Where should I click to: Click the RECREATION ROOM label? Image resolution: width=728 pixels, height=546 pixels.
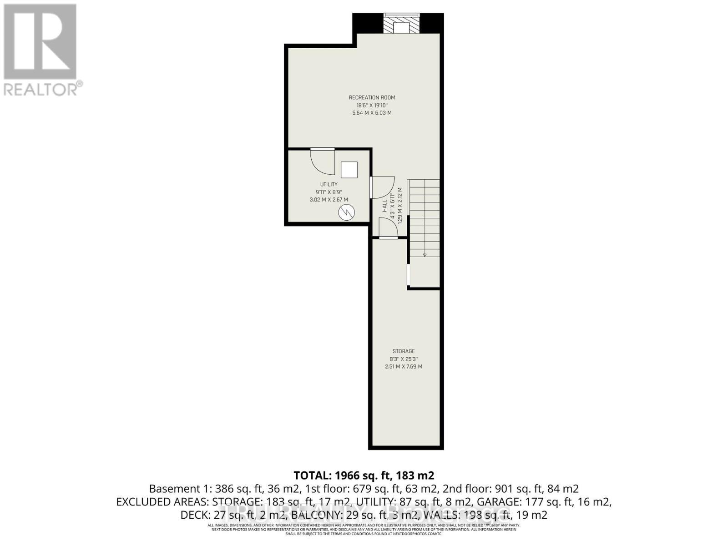tap(372, 97)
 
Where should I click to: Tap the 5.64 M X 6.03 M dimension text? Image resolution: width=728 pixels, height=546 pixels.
tap(372, 113)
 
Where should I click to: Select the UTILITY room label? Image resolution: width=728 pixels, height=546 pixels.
tap(329, 184)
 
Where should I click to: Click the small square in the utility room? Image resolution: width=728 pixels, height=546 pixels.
tap(349, 170)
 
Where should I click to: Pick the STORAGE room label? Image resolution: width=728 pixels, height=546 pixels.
tap(404, 351)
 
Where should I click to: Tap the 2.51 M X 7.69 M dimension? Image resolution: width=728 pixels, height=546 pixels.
tap(404, 366)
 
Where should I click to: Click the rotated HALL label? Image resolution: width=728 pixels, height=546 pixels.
tap(385, 206)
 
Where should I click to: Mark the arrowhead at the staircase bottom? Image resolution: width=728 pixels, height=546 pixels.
tap(425, 255)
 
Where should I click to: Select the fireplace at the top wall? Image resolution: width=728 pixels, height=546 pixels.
tap(401, 24)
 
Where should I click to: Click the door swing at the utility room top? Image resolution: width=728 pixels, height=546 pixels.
tap(322, 160)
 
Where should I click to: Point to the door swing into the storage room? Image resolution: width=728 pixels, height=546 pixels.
tap(388, 227)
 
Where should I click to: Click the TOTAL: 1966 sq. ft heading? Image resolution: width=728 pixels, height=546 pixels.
tap(364, 475)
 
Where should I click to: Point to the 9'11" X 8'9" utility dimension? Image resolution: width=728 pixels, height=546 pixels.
tap(329, 192)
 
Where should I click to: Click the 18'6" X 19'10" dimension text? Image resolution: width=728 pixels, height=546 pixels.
tap(372, 105)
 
